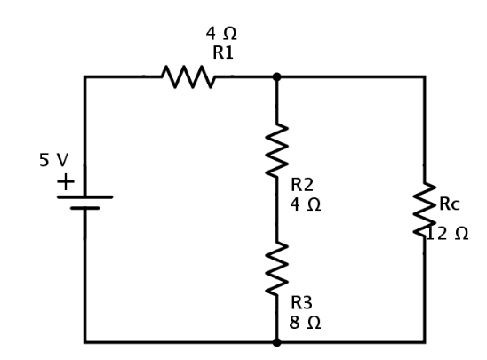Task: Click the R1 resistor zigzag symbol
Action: pyautogui.click(x=188, y=76)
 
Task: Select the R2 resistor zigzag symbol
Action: pyautogui.click(x=276, y=150)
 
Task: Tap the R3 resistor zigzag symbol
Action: pyautogui.click(x=276, y=268)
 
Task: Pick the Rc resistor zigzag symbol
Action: pyautogui.click(x=425, y=210)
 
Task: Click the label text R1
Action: pyautogui.click(x=223, y=52)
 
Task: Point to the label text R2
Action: pyautogui.click(x=302, y=185)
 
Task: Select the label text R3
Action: pyautogui.click(x=301, y=303)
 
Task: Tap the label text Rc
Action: pyautogui.click(x=450, y=204)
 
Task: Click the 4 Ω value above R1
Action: pyautogui.click(x=221, y=34)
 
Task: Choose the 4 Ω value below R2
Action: pyautogui.click(x=306, y=205)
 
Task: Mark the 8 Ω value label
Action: pyautogui.click(x=305, y=323)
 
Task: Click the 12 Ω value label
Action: pyautogui.click(x=448, y=234)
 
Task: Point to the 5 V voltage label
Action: pyautogui.click(x=53, y=160)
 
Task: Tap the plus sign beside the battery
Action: pyautogui.click(x=66, y=181)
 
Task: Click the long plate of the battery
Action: pyautogui.click(x=84, y=197)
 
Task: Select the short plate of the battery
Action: pyautogui.click(x=84, y=208)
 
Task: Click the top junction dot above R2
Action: pyautogui.click(x=276, y=76)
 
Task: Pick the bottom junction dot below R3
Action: pyautogui.click(x=276, y=342)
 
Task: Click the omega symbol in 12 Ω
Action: pyautogui.click(x=461, y=234)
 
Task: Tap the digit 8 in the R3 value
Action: pyautogui.click(x=294, y=323)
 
